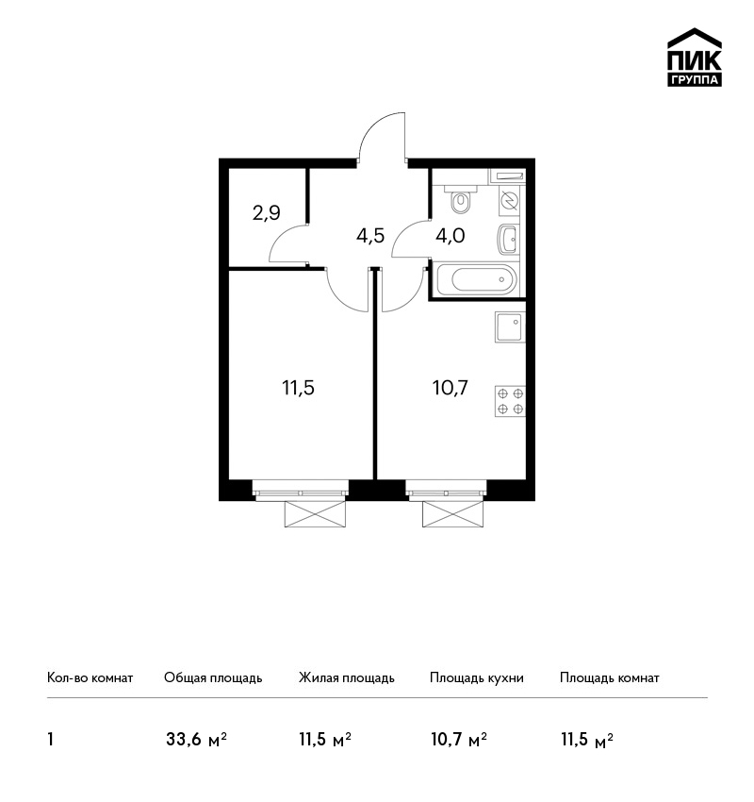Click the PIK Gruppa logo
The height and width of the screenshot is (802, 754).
695,57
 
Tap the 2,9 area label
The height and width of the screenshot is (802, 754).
266,212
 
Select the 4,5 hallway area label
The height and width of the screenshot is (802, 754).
370,236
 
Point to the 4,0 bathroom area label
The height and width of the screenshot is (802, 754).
451,235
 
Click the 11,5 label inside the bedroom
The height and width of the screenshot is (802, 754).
299,388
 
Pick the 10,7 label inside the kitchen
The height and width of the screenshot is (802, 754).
451,388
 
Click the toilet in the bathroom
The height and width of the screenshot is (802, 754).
461,198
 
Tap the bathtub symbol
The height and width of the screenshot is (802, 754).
478,279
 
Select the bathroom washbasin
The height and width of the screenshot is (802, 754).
508,240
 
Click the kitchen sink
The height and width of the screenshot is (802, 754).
510,326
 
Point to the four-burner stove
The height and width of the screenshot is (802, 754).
510,401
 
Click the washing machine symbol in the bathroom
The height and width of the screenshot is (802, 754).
509,200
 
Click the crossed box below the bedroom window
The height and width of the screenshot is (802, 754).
315,514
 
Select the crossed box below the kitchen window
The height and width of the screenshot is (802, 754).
452,514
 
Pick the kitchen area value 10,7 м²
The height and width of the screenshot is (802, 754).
459,740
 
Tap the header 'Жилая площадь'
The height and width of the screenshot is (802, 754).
346,678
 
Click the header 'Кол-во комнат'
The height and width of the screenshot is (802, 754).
90,678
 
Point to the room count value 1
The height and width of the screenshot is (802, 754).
50,740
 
